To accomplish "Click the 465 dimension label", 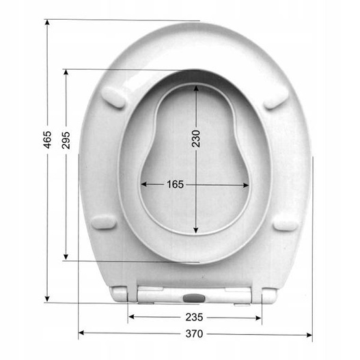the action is click(x=48, y=139).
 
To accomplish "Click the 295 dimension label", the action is click(x=66, y=140).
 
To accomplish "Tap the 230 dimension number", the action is click(x=196, y=139).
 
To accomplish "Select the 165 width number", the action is click(x=175, y=184).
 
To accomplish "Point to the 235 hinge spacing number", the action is click(x=194, y=317).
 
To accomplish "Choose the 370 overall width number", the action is click(x=194, y=333).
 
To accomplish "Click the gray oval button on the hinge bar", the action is click(x=194, y=299).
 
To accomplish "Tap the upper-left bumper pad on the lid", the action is click(x=113, y=97).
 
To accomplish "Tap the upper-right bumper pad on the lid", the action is click(x=276, y=98).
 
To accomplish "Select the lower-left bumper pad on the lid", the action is click(x=104, y=222).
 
